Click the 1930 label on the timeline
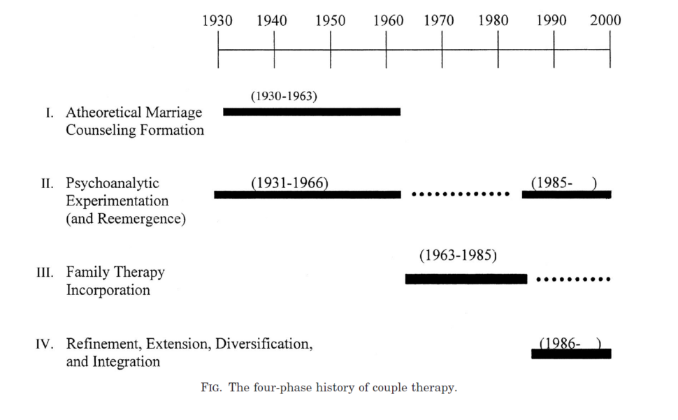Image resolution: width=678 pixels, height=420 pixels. pos(217,20)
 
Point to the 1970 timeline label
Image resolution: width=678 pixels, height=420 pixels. pos(438,20)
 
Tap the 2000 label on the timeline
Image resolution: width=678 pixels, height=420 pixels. pos(605,20)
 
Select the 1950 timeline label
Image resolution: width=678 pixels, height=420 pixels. pos(330,20)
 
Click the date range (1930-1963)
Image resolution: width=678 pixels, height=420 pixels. pos(284,96)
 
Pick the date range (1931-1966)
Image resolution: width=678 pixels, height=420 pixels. pos(289,183)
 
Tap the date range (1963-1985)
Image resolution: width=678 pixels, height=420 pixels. pos(458,255)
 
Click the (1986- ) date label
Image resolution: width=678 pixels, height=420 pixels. pos(570,344)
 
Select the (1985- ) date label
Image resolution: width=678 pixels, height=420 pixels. pos(564,183)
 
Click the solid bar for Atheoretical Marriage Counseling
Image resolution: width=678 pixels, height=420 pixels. pos(312,112)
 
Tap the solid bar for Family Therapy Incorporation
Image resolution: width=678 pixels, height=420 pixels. pos(466,279)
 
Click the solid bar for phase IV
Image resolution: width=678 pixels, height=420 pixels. pos(571,354)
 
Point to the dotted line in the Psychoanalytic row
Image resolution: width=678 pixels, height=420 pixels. pos(461,194)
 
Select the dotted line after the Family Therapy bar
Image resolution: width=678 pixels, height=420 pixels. pos(573,279)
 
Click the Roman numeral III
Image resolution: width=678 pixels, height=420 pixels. pos(45,273)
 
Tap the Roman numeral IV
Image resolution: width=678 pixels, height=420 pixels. pos(45,345)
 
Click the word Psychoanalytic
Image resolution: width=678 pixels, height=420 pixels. pos(113,183)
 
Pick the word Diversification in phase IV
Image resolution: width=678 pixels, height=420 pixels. pos(264,344)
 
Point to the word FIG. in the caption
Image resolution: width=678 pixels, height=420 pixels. pos(212,388)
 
